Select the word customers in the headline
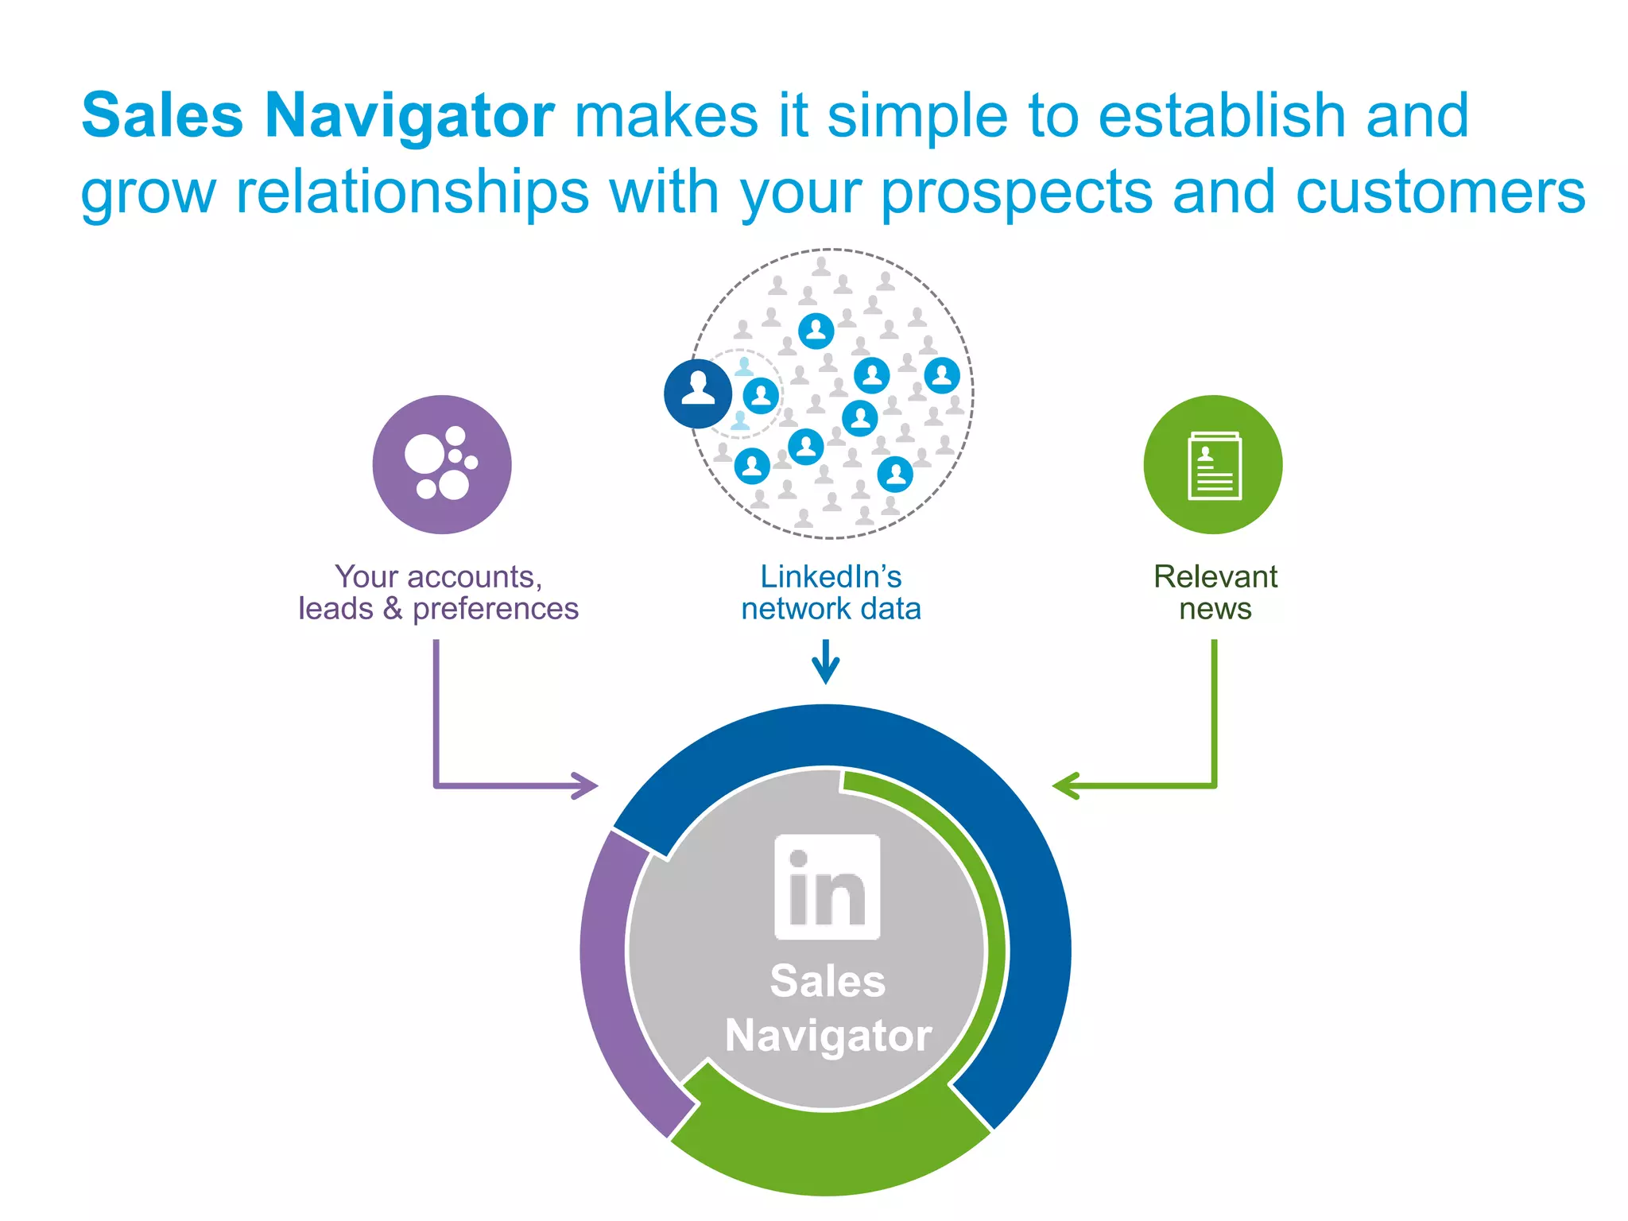[x=1440, y=193]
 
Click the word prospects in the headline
[x=1017, y=193]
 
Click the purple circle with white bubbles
[x=442, y=464]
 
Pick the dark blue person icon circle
[x=698, y=393]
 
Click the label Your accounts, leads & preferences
[x=438, y=593]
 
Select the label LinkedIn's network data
[x=831, y=593]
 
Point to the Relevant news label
[x=1215, y=593]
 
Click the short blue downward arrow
[x=826, y=662]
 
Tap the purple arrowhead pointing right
[x=587, y=785]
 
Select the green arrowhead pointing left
[x=1065, y=785]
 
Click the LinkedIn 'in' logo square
[x=827, y=887]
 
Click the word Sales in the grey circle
[x=828, y=981]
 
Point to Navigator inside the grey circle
[x=828, y=1036]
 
